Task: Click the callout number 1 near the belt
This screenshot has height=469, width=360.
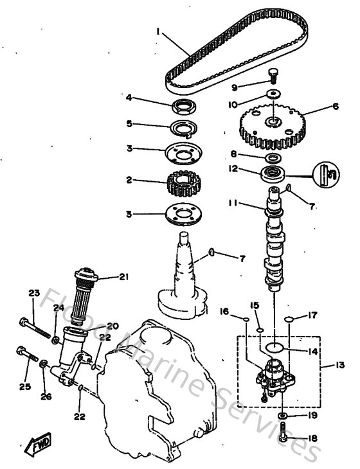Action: [158, 30]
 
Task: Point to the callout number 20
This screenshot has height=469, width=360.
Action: [113, 326]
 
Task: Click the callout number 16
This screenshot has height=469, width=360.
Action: [224, 311]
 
